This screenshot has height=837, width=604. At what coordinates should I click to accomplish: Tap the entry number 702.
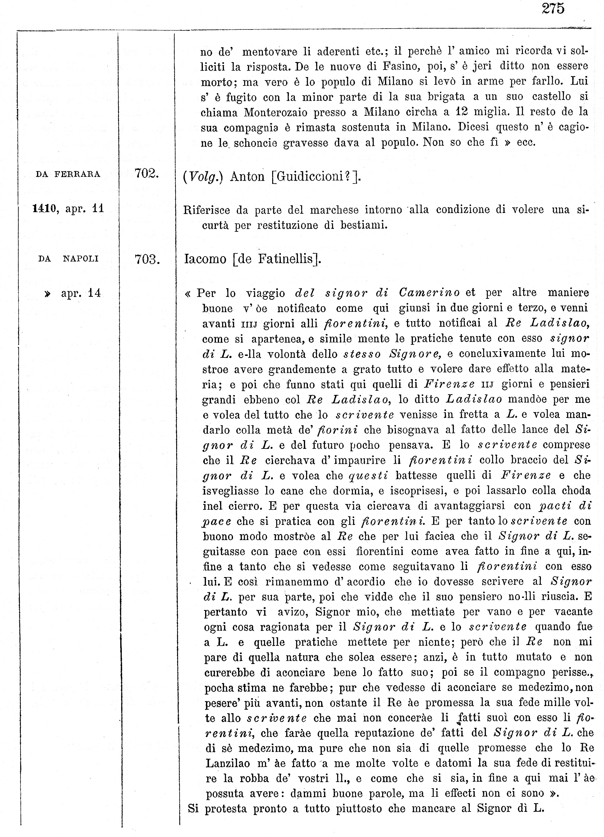[147, 174]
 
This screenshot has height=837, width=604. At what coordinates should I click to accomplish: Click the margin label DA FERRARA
[68, 174]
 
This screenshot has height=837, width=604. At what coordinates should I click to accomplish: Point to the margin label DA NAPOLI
[68, 259]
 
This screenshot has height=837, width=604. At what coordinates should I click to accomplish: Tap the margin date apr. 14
[80, 293]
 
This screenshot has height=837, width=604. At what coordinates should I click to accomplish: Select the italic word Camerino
[429, 293]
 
